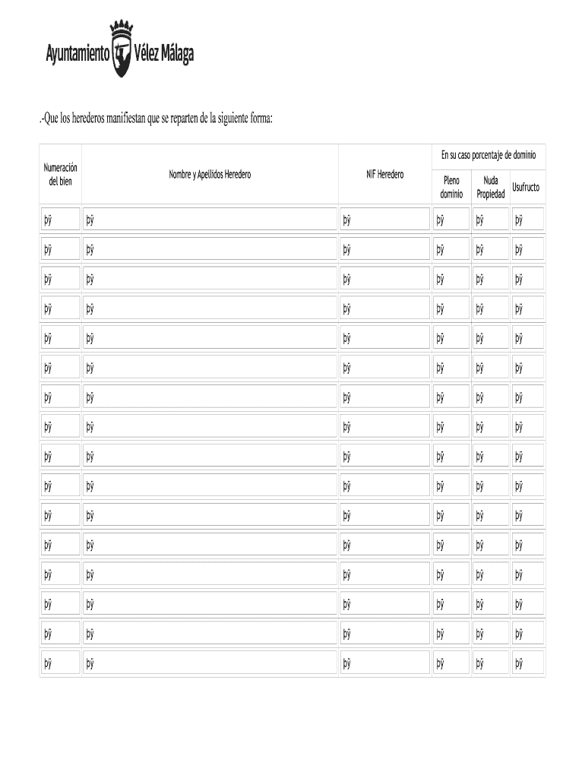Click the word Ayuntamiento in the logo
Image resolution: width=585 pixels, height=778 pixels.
[x=77, y=55]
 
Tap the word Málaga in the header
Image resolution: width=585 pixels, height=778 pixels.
[x=175, y=55]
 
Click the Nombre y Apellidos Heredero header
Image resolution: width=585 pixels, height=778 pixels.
[x=210, y=175]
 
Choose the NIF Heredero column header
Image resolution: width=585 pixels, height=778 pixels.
[x=385, y=175]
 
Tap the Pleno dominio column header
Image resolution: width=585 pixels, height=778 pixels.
[x=451, y=187]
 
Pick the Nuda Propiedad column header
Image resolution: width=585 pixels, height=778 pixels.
[x=490, y=187]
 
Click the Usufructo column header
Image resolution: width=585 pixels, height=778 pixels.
[x=526, y=187]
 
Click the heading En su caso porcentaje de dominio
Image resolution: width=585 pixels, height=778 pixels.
[x=489, y=155]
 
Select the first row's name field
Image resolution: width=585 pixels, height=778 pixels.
[x=210, y=220]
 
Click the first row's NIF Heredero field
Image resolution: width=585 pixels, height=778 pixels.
[x=385, y=220]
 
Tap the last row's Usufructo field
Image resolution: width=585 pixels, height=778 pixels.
[x=527, y=664]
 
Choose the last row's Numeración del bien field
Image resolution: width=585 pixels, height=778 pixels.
[x=60, y=664]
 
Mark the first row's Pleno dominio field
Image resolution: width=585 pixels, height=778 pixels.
[x=451, y=220]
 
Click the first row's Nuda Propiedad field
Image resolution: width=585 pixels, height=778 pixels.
[x=490, y=220]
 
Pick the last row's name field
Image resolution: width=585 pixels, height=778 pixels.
[x=210, y=664]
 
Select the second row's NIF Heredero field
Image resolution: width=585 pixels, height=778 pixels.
[x=385, y=249]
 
